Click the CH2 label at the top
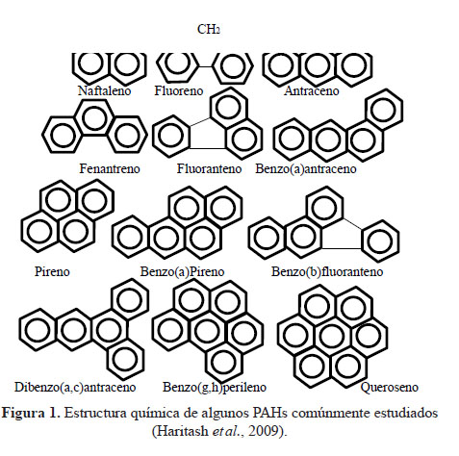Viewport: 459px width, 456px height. (209, 30)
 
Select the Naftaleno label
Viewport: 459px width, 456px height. (104, 90)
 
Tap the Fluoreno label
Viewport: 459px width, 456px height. (179, 90)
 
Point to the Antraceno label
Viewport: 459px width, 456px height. (311, 90)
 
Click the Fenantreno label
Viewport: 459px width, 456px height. (110, 168)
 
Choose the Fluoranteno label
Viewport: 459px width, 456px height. (209, 168)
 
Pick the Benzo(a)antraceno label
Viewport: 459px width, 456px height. (306, 168)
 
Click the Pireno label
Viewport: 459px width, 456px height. (52, 271)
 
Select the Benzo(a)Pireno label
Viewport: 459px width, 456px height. (182, 271)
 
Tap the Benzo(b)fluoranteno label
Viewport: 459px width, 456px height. (327, 271)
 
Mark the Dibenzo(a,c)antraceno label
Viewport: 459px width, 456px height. (75, 387)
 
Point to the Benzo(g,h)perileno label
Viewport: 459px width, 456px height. (215, 387)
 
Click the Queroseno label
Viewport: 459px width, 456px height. (389, 387)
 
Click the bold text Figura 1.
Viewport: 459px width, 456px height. (31, 413)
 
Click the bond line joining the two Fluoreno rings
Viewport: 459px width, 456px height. (205, 66)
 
